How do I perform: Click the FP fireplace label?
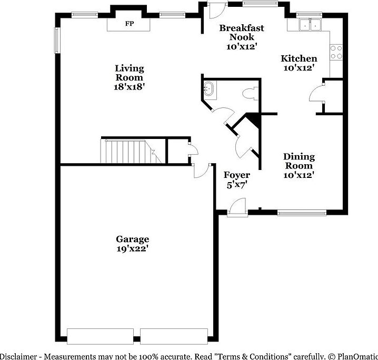129,24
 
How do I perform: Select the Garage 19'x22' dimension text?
133,248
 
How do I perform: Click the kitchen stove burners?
336,52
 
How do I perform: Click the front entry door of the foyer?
238,205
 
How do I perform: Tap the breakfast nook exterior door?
216,11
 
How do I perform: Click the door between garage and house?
200,169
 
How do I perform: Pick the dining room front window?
302,213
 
